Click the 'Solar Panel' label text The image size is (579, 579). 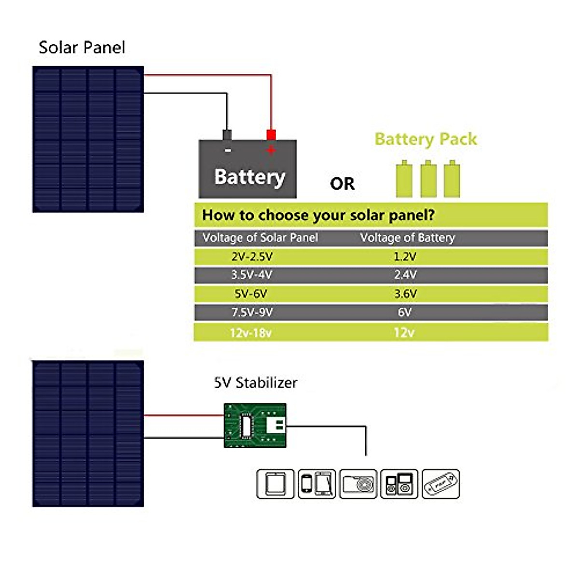(x=82, y=47)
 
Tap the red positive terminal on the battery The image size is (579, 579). (x=271, y=135)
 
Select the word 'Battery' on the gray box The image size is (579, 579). (x=249, y=177)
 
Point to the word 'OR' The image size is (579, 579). (x=342, y=184)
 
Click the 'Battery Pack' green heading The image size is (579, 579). (x=426, y=139)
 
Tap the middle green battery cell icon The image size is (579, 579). (x=428, y=179)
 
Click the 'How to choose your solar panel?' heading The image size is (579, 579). (x=318, y=215)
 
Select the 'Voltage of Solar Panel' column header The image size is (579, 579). (x=260, y=237)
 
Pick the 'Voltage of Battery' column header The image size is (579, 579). (x=408, y=237)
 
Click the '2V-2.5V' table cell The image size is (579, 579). (x=251, y=256)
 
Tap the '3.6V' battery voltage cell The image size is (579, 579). (x=405, y=293)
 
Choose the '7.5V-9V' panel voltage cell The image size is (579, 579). (x=252, y=312)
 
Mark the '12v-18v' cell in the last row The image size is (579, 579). (x=251, y=332)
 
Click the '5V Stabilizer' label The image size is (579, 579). (x=255, y=383)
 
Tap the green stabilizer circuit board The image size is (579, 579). (x=255, y=425)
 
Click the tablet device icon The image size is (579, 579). (x=276, y=483)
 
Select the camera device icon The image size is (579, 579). (x=358, y=483)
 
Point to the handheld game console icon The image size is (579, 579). (x=441, y=483)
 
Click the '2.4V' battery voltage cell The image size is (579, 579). (x=405, y=275)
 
